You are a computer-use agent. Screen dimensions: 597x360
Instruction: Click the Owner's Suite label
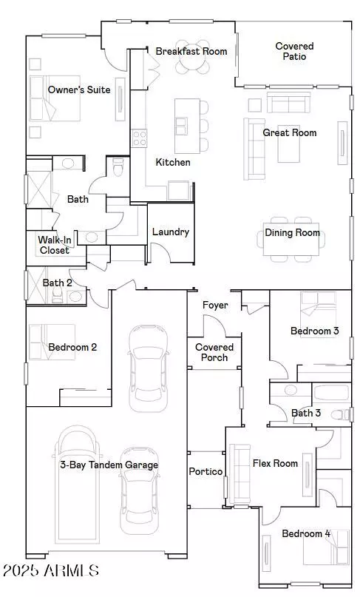click(79, 90)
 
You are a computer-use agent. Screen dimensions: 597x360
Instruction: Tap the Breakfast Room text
click(191, 51)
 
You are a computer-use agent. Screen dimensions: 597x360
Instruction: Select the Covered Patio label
click(294, 51)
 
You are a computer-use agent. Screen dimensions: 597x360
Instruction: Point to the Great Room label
click(290, 133)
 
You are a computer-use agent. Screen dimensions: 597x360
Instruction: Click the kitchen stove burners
click(139, 138)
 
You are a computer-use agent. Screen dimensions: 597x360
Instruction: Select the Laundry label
click(171, 232)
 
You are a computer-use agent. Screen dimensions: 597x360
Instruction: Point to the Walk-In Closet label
click(55, 245)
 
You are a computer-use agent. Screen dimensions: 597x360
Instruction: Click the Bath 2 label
click(57, 283)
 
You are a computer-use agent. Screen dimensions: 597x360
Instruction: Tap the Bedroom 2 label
click(72, 347)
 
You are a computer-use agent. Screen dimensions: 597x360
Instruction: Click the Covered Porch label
click(214, 352)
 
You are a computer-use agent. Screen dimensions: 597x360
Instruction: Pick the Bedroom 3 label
click(314, 331)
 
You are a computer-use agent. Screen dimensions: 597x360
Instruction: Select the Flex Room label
click(275, 464)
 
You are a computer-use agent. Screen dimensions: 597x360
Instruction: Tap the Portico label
click(206, 471)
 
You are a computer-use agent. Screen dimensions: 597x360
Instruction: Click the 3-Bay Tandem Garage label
click(109, 465)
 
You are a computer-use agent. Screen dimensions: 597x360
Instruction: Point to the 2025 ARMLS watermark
click(50, 570)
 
